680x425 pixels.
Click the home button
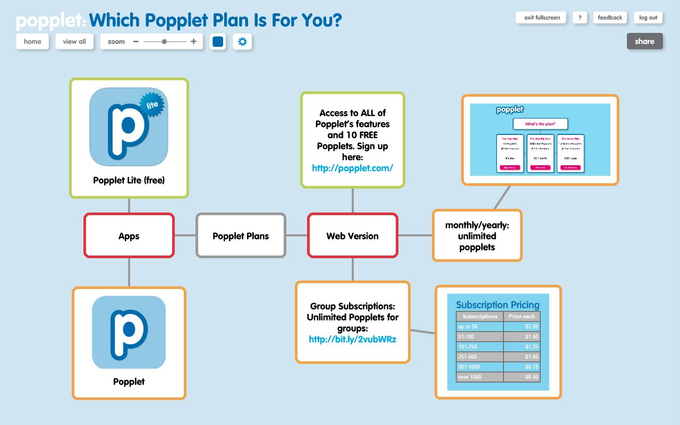[32, 41]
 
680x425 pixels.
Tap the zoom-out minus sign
[136, 41]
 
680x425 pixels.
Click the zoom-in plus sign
[193, 41]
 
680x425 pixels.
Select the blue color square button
[218, 41]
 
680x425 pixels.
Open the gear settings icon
[242, 41]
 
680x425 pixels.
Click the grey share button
[644, 41]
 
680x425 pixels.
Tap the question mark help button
[580, 18]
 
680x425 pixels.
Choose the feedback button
[610, 18]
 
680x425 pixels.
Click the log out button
[648, 18]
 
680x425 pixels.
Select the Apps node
[129, 236]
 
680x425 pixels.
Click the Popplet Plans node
[241, 236]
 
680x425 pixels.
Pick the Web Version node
[352, 236]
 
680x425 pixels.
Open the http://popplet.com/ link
[352, 168]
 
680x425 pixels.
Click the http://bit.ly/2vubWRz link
[352, 339]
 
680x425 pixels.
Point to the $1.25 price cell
[522, 346]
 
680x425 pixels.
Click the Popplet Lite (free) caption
[129, 180]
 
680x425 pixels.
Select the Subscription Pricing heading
[498, 305]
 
